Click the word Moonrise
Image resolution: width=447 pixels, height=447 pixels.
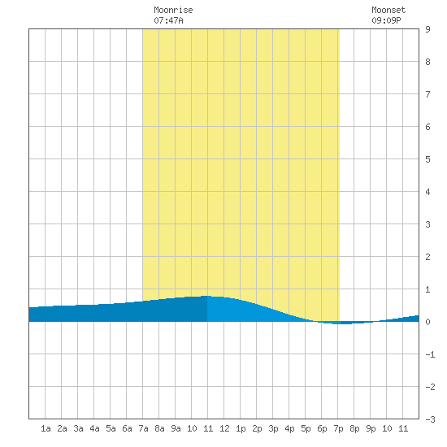pyautogui.click(x=173, y=10)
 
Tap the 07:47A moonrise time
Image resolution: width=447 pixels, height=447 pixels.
pyautogui.click(x=168, y=20)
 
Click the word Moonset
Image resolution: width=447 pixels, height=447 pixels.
pyautogui.click(x=388, y=10)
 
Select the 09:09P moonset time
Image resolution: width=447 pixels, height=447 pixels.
pyautogui.click(x=386, y=20)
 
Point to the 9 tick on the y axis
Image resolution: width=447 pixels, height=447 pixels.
pyautogui.click(x=427, y=29)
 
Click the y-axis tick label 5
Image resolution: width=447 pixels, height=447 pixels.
pyautogui.click(x=427, y=159)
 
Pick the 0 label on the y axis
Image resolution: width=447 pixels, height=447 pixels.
pyautogui.click(x=427, y=322)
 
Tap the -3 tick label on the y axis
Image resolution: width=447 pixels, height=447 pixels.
pyautogui.click(x=430, y=419)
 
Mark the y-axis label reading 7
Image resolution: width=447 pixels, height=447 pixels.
pyautogui.click(x=427, y=94)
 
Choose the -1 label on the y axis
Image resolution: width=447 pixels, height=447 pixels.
pyautogui.click(x=430, y=354)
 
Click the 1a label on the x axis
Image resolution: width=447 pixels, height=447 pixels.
pyautogui.click(x=46, y=428)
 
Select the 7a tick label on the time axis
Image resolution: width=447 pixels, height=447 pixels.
pyautogui.click(x=143, y=428)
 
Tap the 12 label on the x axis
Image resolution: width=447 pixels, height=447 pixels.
pyautogui.click(x=224, y=428)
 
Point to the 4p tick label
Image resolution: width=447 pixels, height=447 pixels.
pyautogui.click(x=289, y=428)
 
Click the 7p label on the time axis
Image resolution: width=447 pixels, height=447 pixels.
pyautogui.click(x=338, y=428)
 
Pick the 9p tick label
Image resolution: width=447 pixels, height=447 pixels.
pyautogui.click(x=371, y=428)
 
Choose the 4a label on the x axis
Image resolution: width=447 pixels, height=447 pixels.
pyautogui.click(x=94, y=428)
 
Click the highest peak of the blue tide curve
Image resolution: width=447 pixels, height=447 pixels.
pyautogui.click(x=207, y=296)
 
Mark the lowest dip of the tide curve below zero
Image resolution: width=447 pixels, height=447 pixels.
pyautogui.click(x=340, y=324)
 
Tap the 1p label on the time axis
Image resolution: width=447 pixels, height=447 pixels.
pyautogui.click(x=241, y=428)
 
